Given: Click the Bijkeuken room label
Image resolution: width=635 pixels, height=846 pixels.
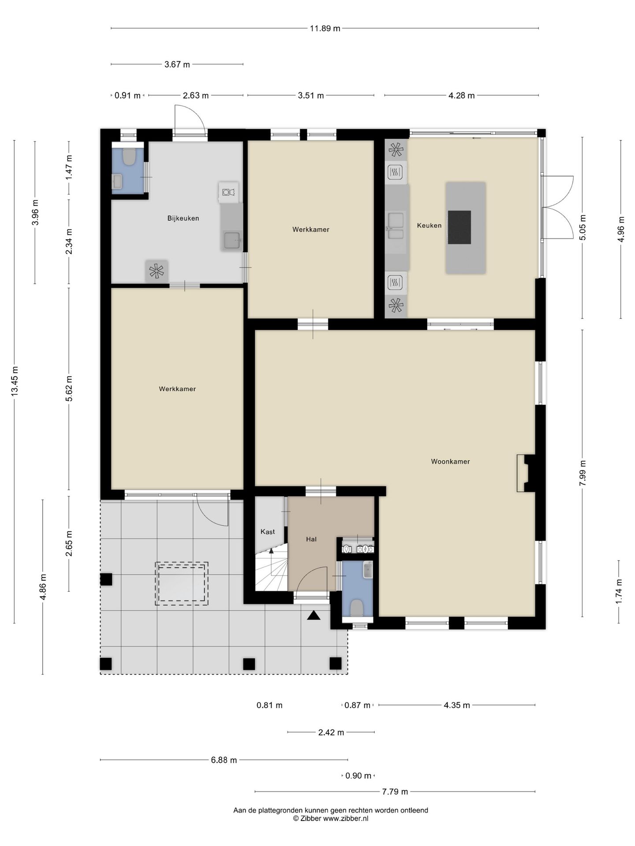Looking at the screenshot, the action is (183, 218).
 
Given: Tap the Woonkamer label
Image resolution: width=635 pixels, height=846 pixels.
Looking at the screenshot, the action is (450, 462).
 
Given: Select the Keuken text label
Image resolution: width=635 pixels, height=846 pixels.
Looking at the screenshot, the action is (429, 226).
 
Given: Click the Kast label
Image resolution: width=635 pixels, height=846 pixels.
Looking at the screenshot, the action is (268, 532).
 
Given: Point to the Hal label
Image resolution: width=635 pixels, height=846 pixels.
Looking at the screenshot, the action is (311, 539).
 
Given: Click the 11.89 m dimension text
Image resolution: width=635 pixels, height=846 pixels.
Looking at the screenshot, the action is (325, 29).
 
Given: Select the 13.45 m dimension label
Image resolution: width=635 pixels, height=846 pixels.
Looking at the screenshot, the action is (15, 382).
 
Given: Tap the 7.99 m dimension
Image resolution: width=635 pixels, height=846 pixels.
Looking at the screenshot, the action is (583, 473).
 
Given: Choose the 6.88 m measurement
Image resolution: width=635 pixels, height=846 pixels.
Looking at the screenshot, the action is (224, 760).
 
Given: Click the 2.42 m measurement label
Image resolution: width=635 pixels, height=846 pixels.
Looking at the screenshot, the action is (331, 733).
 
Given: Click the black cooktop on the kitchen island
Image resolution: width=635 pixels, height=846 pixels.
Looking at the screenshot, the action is (459, 227).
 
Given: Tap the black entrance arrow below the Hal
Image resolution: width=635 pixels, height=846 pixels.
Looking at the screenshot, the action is (314, 616).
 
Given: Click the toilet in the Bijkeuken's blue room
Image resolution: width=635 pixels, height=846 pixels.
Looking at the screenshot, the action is (129, 157).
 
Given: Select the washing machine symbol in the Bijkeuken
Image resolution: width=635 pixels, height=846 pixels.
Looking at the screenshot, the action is (228, 192).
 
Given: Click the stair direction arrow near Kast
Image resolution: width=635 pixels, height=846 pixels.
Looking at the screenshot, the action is (272, 550).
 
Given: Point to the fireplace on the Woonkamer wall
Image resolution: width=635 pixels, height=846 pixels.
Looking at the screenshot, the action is (526, 473).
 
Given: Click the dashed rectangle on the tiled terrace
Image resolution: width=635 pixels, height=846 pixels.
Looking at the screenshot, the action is (181, 583).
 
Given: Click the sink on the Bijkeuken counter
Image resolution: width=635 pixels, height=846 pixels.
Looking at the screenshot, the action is (232, 241).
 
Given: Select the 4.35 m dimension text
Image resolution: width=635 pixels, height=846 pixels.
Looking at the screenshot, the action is (457, 705).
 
